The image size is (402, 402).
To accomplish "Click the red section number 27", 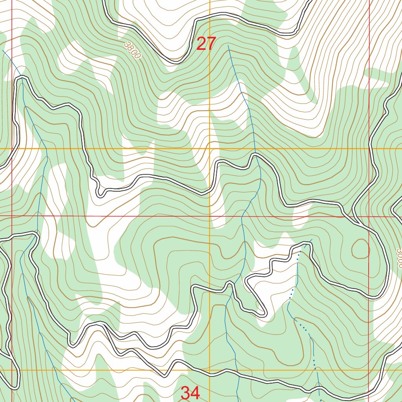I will [206, 44].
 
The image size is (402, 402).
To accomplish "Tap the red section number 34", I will [190, 393].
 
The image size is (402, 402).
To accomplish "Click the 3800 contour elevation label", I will [132, 50].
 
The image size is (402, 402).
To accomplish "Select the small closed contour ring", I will [360, 249].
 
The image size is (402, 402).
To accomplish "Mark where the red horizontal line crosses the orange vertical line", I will [210, 216].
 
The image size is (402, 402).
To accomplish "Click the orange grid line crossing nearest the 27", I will [210, 148].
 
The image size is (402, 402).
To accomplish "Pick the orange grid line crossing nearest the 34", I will [210, 370].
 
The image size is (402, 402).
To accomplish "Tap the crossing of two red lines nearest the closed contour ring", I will [369, 216].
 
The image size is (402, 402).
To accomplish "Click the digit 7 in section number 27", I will [211, 44].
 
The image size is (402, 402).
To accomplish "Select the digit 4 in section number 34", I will [195, 393].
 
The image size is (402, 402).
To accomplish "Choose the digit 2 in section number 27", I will [201, 44].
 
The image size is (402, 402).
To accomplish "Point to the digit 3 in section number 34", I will [185, 393].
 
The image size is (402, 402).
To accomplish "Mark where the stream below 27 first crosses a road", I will [255, 154].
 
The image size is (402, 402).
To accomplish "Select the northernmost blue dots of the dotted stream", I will [300, 252].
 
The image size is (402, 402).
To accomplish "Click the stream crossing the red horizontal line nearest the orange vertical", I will [242, 216].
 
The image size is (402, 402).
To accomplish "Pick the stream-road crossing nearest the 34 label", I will [237, 373].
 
